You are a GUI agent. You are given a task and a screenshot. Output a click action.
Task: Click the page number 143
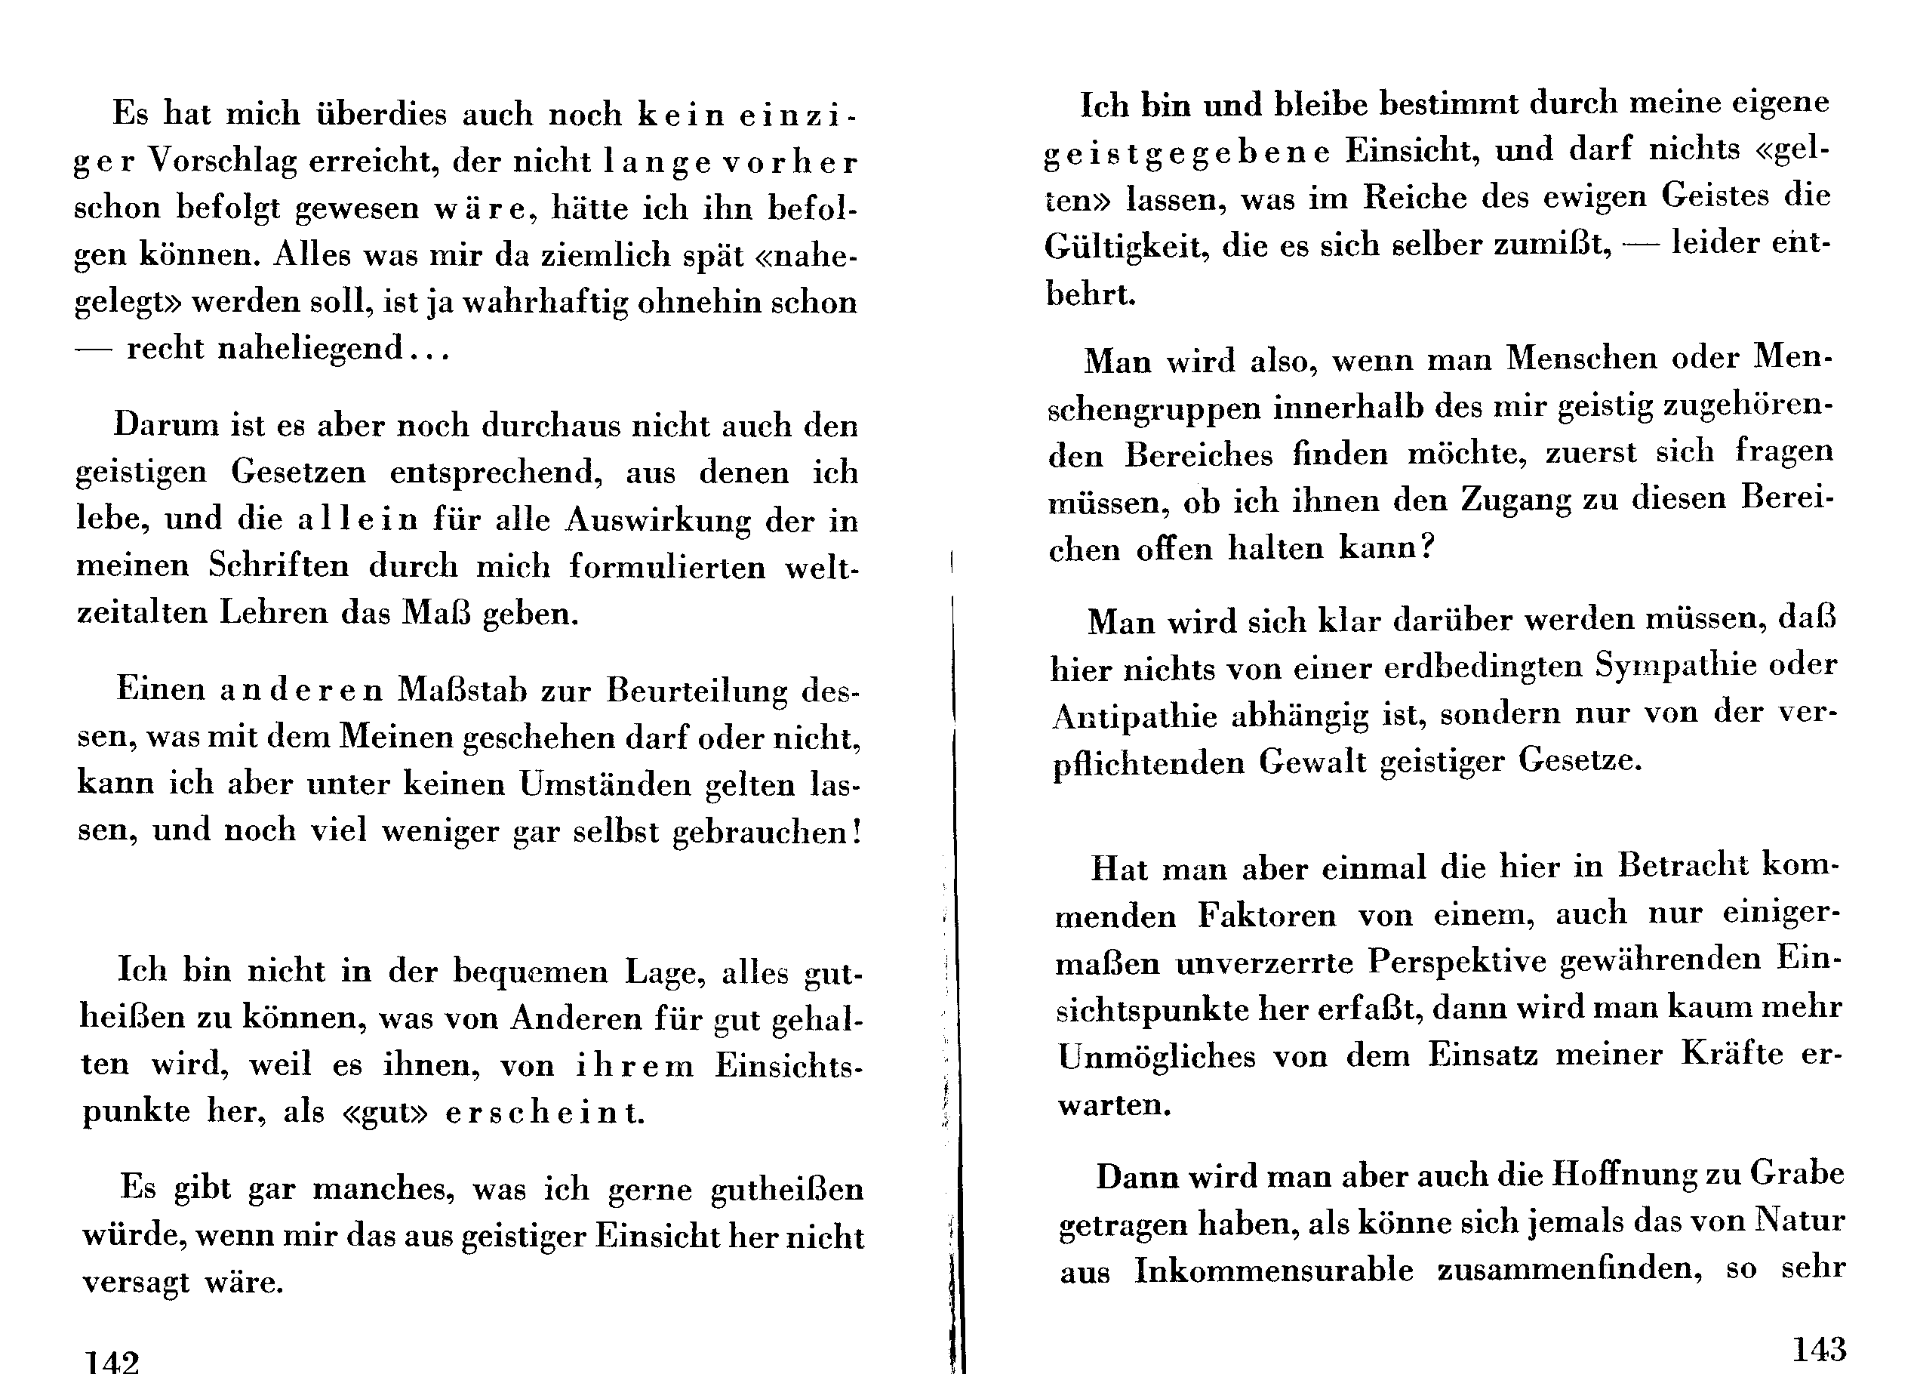(1819, 1348)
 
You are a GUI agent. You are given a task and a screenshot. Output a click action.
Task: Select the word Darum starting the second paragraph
(166, 424)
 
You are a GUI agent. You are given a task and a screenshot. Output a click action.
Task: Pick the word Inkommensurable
(1273, 1271)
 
